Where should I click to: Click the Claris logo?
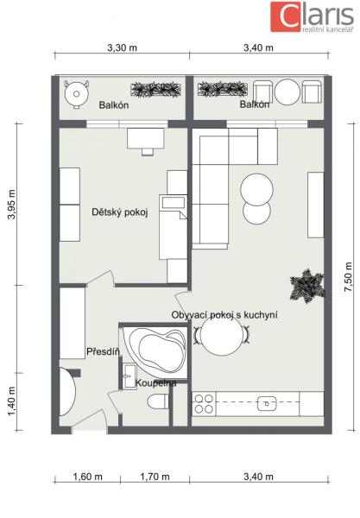pyautogui.click(x=313, y=16)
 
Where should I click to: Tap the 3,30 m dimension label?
pyautogui.click(x=122, y=47)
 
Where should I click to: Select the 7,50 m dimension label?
pyautogui.click(x=349, y=277)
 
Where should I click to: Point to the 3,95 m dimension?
pyautogui.click(x=12, y=205)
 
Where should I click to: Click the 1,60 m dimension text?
pyautogui.click(x=87, y=477)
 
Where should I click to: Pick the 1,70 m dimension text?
pyautogui.click(x=155, y=477)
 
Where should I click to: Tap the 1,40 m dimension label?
pyautogui.click(x=12, y=401)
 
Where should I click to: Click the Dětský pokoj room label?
pyautogui.click(x=119, y=212)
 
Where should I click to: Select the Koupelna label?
pyautogui.click(x=156, y=383)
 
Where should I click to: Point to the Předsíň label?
pyautogui.click(x=103, y=351)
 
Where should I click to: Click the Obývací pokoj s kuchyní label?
pyautogui.click(x=224, y=315)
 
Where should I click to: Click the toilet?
pyautogui.click(x=157, y=402)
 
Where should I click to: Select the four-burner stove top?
pyautogui.click(x=204, y=404)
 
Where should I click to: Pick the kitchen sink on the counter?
pyautogui.click(x=267, y=403)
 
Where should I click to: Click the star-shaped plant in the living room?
pyautogui.click(x=307, y=286)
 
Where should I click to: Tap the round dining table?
pyautogui.click(x=222, y=335)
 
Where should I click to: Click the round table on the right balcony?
pyautogui.click(x=287, y=92)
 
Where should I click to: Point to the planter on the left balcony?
pyautogui.click(x=156, y=90)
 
